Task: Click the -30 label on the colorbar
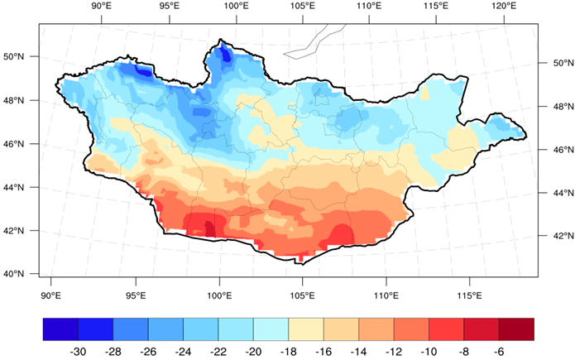click(78, 351)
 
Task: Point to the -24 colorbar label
click(183, 351)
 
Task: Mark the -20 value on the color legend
click(253, 351)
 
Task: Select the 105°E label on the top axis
click(302, 7)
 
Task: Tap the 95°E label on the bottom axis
click(136, 295)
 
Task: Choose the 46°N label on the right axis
click(552, 150)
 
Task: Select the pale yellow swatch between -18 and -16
click(305, 329)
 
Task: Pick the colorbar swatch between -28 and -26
click(130, 329)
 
